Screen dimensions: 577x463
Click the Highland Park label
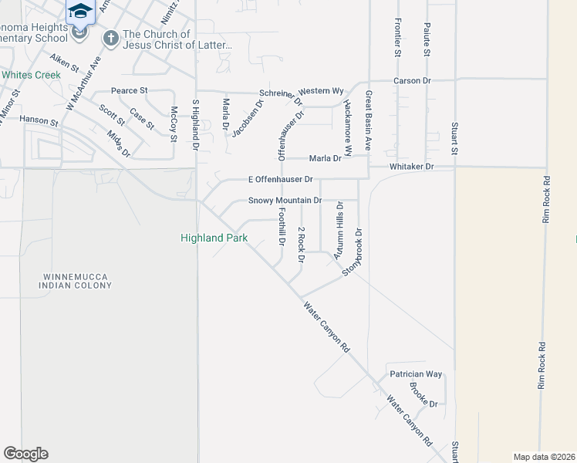coord(214,238)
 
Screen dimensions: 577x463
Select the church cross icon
coord(111,38)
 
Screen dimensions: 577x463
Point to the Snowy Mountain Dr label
coord(285,201)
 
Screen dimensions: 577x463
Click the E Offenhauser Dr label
coord(280,180)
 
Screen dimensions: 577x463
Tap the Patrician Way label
coord(416,374)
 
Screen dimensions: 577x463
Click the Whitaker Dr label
coord(413,167)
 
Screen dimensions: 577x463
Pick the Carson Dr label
coord(411,80)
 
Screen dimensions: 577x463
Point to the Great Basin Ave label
coord(369,120)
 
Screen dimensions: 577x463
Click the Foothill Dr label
coord(282,228)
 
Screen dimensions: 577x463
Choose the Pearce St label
coord(129,91)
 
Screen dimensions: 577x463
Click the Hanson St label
coord(39,121)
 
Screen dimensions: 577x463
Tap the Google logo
coord(25,454)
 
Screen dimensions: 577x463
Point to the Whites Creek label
coord(31,75)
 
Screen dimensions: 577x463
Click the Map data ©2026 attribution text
coord(543,457)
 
